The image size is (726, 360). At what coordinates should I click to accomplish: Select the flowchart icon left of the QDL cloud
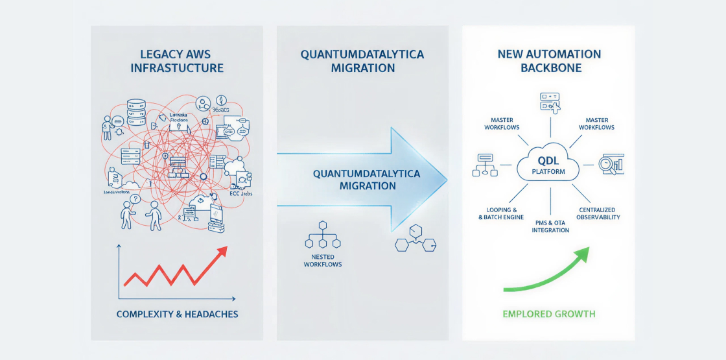(486, 165)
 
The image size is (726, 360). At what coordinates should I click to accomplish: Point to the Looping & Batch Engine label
(501, 213)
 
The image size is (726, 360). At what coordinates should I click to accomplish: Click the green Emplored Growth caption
(548, 315)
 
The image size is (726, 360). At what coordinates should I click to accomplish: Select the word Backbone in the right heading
(550, 67)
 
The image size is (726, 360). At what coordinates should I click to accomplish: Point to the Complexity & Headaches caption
(177, 315)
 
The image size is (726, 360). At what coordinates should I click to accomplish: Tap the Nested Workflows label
(323, 260)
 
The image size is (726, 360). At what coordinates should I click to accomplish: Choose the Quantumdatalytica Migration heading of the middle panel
(362, 61)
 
